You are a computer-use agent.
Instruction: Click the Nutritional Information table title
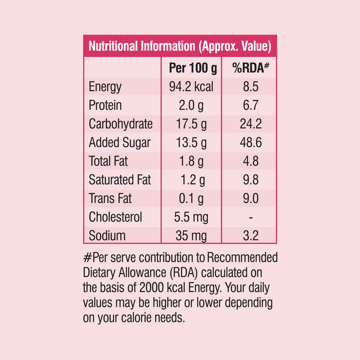[180, 46]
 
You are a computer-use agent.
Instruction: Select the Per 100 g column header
[193, 68]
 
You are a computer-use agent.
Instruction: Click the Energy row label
[105, 87]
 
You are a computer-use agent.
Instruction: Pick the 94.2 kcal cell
[191, 87]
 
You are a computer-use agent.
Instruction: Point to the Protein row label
[105, 105]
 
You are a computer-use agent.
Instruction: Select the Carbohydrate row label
[121, 124]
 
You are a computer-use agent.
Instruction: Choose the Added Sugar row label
[119, 143]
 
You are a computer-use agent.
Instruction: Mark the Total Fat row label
[108, 161]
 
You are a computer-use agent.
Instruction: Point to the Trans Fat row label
[110, 198]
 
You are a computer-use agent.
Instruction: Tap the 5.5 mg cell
[191, 217]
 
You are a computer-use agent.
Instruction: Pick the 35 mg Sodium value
[191, 236]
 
